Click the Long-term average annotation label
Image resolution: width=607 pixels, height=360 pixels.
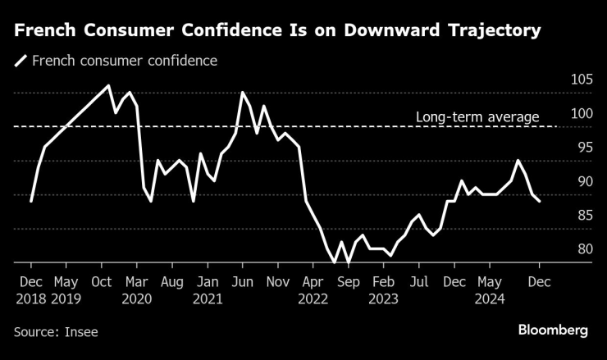click(x=477, y=117)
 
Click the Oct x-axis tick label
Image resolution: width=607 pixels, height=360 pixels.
click(x=101, y=281)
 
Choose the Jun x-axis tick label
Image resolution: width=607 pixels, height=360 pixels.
click(x=243, y=281)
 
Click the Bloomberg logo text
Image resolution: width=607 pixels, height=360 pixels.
click(x=553, y=330)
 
